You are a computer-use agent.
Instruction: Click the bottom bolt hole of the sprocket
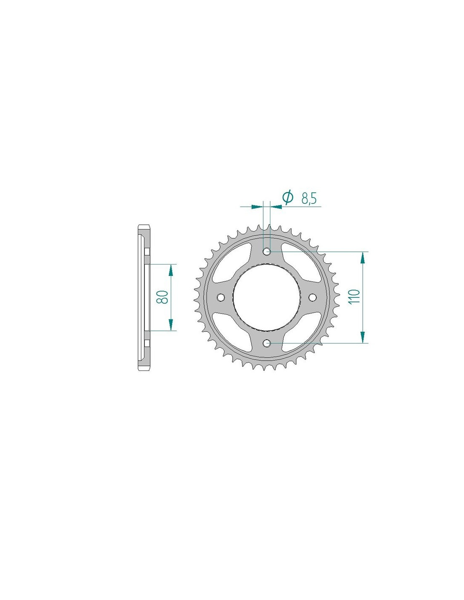click(x=267, y=343)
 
